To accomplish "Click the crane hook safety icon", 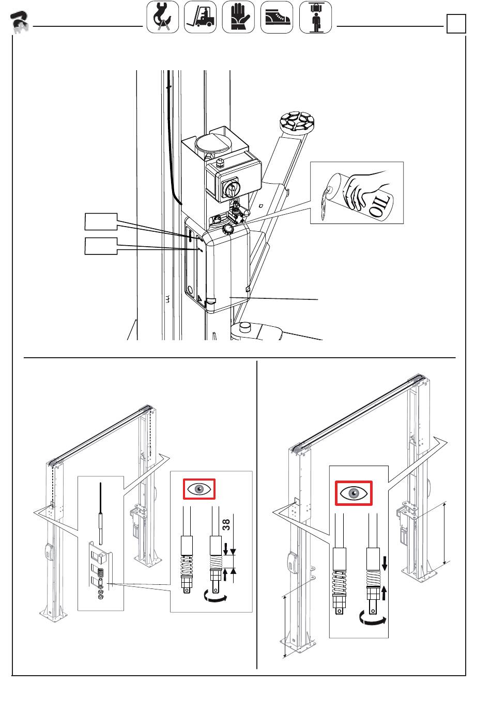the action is [x=162, y=17].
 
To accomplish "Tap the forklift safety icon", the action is [x=200, y=17].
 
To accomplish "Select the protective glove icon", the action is [x=238, y=17].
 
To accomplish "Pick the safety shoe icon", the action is [x=277, y=17].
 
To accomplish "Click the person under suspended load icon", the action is [x=315, y=17].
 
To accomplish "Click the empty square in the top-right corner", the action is [x=456, y=24].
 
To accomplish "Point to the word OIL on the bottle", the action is [x=380, y=206].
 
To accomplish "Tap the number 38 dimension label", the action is [x=226, y=524].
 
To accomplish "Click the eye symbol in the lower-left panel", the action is [x=199, y=489].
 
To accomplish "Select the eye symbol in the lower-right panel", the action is [x=354, y=493].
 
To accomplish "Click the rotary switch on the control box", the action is [x=232, y=189].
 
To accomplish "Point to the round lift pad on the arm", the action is [x=297, y=121].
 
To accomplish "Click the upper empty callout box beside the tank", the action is [x=101, y=221].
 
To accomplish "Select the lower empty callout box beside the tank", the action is [x=101, y=246].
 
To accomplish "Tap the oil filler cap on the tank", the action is [x=227, y=229].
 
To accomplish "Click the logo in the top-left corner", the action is [x=20, y=22].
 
